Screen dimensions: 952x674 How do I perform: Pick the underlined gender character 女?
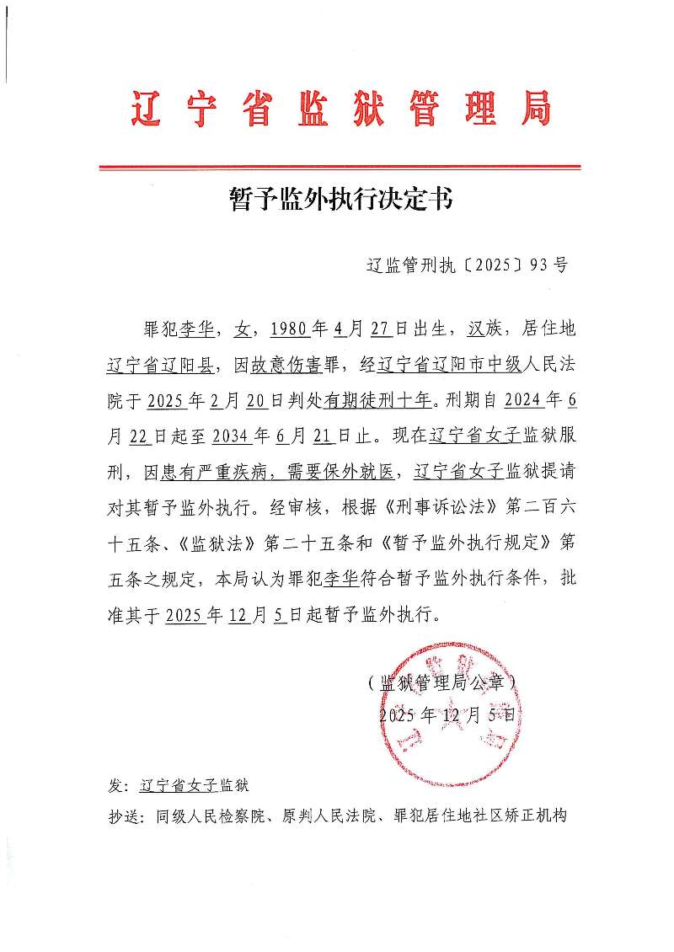pyautogui.click(x=243, y=327)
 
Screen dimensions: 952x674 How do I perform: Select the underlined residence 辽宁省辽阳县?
pyautogui.click(x=163, y=365)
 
